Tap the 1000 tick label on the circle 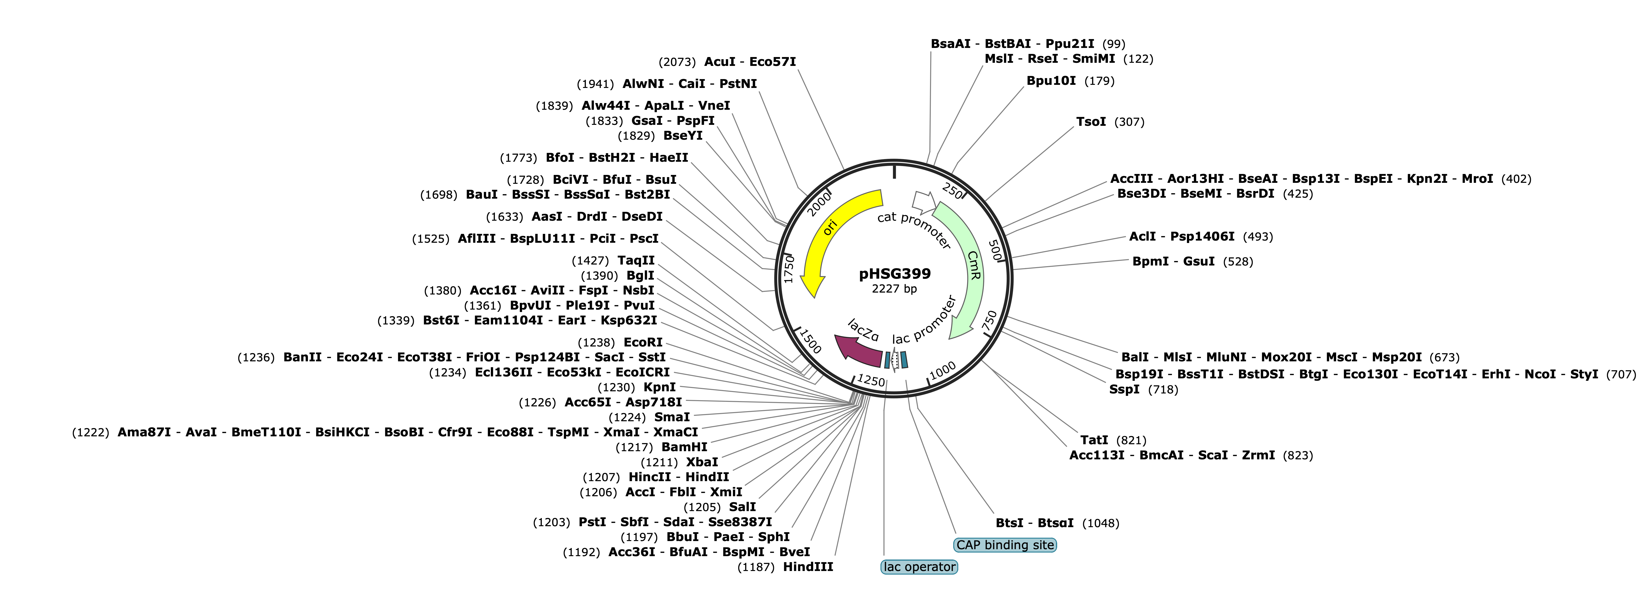click(x=942, y=371)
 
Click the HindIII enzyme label click(x=808, y=567)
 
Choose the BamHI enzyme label click(x=685, y=447)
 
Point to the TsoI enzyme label click(x=1091, y=122)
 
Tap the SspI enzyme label click(x=1124, y=389)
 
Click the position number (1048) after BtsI click(x=1101, y=524)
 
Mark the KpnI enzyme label click(x=659, y=387)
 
